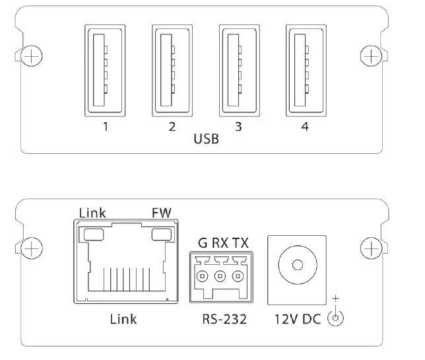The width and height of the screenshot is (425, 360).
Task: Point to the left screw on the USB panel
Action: point(30,57)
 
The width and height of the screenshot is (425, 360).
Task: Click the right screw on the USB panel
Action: point(372,57)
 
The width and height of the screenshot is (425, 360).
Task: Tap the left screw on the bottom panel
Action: point(30,248)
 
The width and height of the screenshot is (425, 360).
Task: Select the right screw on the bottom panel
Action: point(372,248)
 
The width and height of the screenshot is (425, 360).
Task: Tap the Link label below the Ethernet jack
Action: point(124,319)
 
